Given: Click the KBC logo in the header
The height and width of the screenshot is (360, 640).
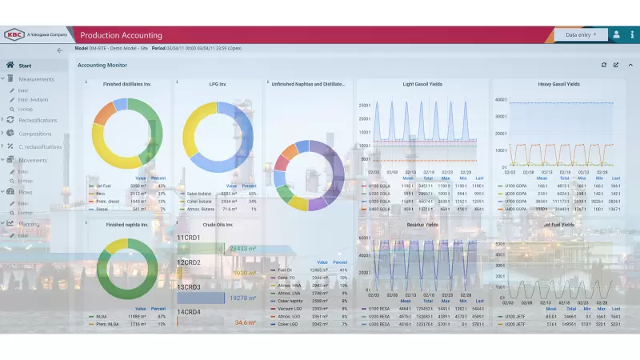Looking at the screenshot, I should tap(14, 34).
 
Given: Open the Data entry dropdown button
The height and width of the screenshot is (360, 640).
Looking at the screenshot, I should tap(581, 34).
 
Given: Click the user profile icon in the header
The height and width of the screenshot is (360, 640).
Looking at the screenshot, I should tap(616, 34).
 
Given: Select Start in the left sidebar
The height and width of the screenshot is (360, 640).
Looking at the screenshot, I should tap(25, 65).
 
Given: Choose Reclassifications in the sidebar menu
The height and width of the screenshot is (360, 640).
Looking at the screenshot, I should tap(41, 119).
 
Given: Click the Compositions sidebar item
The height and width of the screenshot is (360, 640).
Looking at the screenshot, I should tap(35, 134).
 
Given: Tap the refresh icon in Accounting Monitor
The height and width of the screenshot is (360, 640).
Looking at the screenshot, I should tap(604, 65).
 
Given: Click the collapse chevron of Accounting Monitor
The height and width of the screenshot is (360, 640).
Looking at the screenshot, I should tap(630, 65).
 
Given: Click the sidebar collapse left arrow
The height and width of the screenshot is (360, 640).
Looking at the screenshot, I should tap(59, 50).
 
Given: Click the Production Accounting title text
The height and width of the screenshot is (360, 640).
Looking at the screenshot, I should tap(122, 35).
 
